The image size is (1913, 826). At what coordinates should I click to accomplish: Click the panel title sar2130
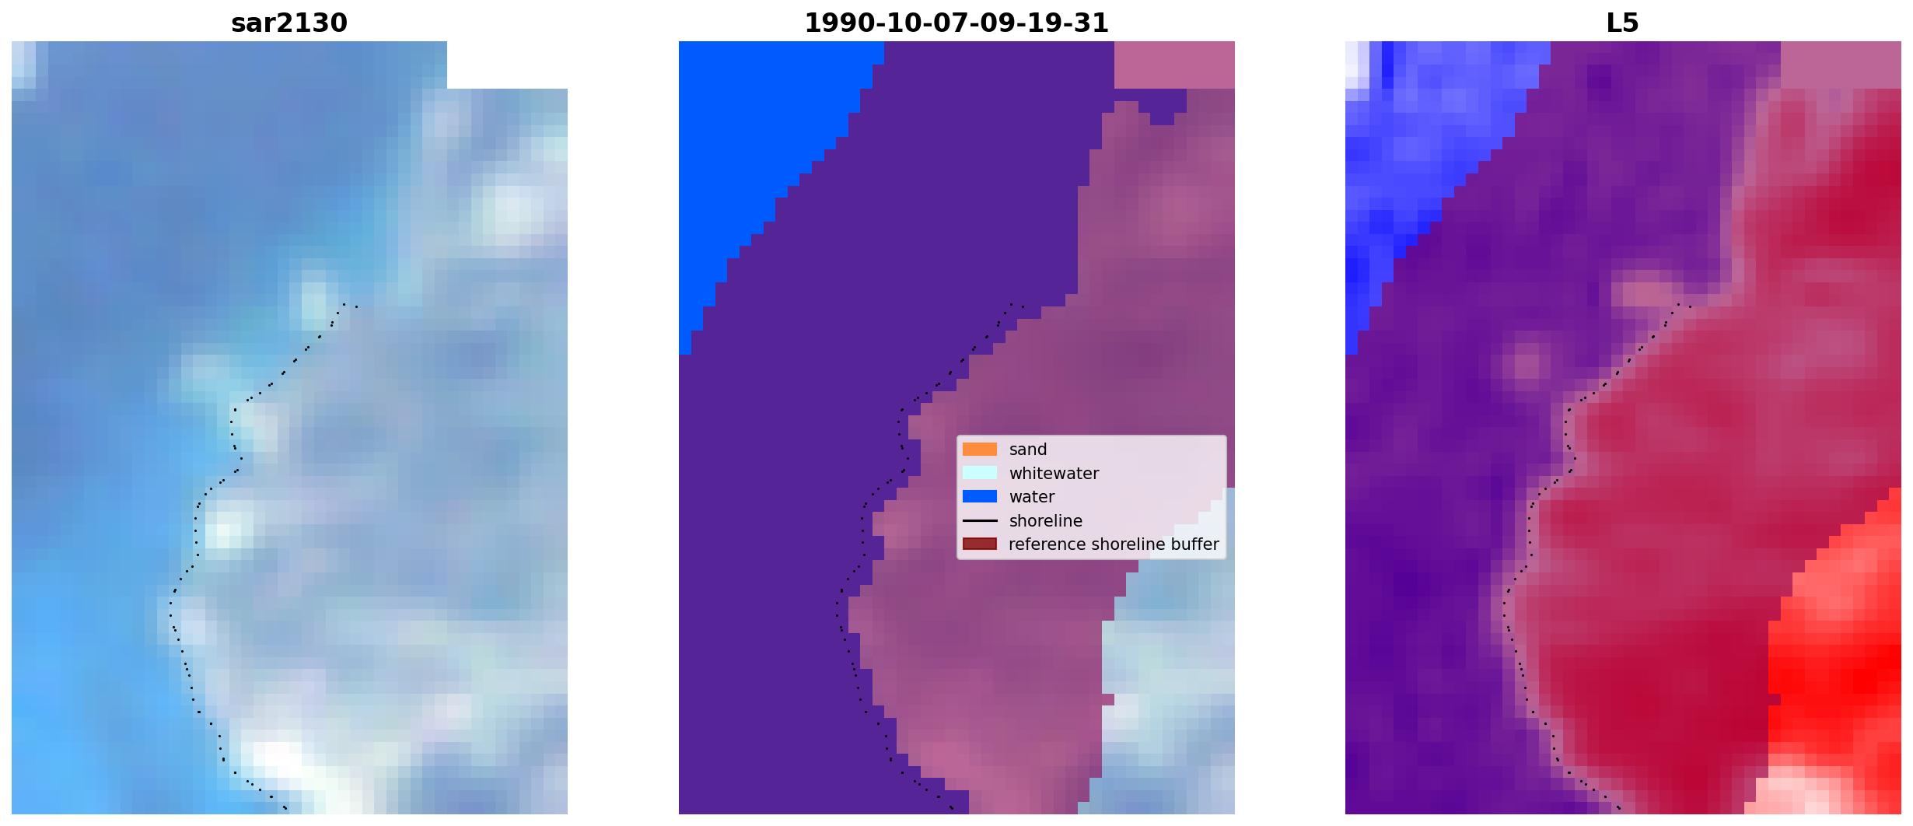289,23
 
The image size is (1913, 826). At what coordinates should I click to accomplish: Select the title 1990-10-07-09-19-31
956,23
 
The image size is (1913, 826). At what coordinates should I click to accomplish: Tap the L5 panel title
1623,23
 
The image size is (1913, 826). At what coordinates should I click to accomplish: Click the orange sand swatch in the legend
980,450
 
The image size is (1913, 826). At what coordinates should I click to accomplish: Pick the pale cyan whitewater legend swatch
980,473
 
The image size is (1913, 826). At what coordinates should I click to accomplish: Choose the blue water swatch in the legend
980,496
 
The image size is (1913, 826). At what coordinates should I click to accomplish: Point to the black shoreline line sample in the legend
980,520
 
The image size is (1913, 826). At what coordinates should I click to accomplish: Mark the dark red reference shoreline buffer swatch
980,544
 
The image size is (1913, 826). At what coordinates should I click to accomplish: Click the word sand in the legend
1028,450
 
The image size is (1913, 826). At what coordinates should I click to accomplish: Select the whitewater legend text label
1054,473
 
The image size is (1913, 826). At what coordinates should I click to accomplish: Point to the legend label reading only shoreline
1045,520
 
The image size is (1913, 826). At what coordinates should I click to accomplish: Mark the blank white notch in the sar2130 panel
507,65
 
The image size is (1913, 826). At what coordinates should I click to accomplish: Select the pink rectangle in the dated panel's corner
1174,65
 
